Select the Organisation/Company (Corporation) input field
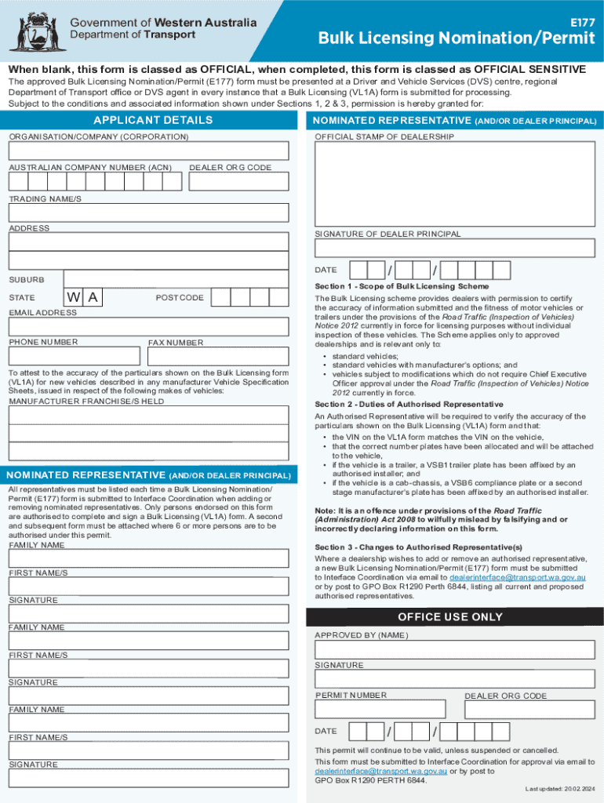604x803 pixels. pos(148,152)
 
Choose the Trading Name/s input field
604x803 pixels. pos(148,213)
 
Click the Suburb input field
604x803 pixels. pos(176,279)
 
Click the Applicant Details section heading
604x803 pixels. pos(153,120)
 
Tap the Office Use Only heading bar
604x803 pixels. pos(450,617)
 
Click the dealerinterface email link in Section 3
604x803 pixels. pos(518,577)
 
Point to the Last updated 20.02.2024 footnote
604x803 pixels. pos(559,788)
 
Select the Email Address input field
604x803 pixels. pos(148,327)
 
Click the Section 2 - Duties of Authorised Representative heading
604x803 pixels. pos(409,404)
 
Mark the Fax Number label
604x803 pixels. pos(176,343)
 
